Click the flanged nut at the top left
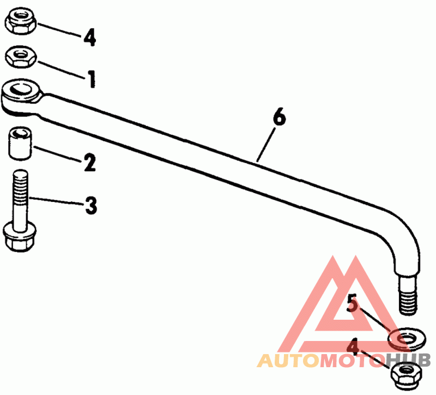[20, 22]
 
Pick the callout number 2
[90, 161]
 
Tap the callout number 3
[90, 206]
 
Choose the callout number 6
[278, 118]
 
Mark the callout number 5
[353, 304]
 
